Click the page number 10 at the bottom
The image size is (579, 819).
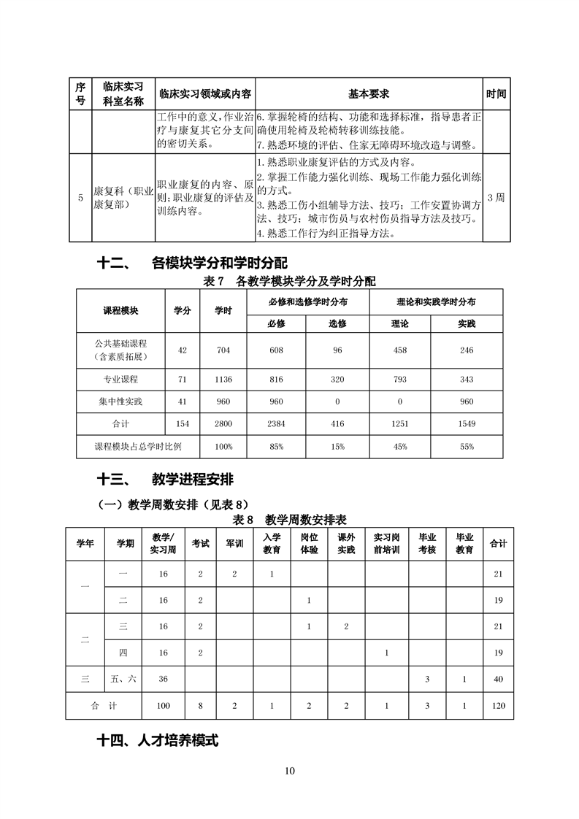[x=290, y=771]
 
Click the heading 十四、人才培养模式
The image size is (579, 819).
[x=158, y=740]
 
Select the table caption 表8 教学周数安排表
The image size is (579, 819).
[x=289, y=520]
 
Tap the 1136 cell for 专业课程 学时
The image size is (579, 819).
[x=223, y=380]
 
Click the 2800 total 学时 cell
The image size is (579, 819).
[x=223, y=423]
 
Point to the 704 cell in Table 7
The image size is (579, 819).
[x=223, y=350]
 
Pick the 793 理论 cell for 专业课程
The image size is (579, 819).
[x=400, y=380]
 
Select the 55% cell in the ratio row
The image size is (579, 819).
[x=467, y=446]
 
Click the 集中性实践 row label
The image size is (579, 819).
[x=121, y=401]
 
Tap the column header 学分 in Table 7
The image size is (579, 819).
[x=182, y=310]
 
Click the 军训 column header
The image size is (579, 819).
[x=234, y=544]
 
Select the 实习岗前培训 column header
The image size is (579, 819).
[x=386, y=544]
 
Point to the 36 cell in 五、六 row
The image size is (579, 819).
[x=163, y=679]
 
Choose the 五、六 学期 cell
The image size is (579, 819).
[x=123, y=679]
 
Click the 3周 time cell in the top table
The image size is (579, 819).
[x=495, y=197]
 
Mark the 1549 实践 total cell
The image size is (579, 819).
[x=467, y=423]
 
